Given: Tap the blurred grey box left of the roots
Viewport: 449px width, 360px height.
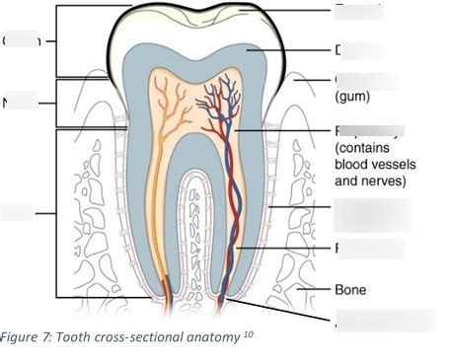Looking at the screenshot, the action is [18, 212].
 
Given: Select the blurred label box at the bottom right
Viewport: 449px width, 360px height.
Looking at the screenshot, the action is [385, 320].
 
